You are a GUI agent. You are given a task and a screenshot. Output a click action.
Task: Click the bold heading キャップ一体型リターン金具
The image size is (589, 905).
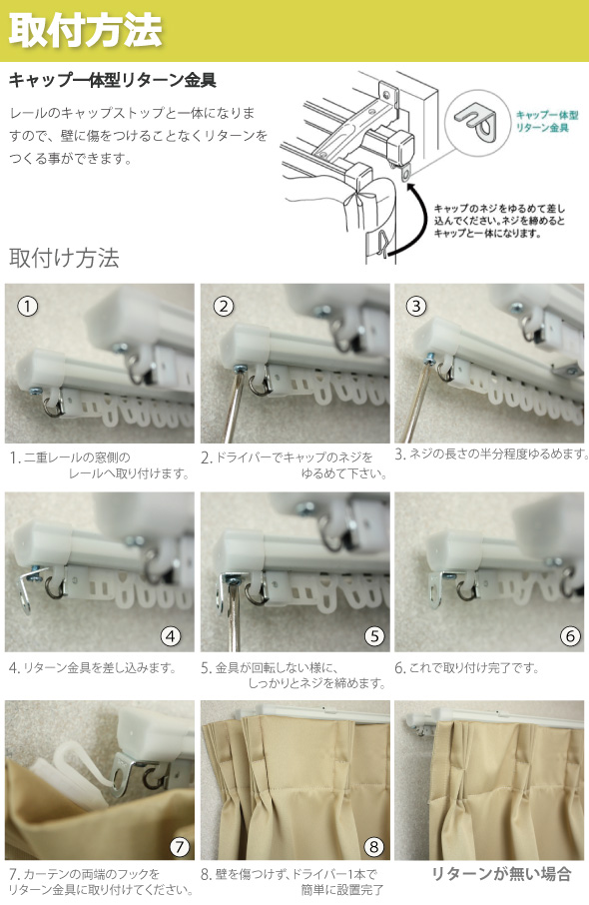tap(112, 79)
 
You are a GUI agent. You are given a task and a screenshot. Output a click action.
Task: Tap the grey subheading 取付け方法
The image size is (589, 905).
tap(64, 258)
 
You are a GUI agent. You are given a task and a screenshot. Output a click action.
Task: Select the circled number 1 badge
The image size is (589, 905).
tap(30, 308)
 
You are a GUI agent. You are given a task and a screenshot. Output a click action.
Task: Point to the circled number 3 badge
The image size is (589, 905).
tap(417, 307)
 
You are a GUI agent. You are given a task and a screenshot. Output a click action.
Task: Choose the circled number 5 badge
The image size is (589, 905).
tap(373, 635)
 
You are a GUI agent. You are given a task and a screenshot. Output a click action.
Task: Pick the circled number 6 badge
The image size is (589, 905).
tap(570, 635)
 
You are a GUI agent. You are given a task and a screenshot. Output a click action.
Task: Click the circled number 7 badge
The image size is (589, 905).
tap(179, 846)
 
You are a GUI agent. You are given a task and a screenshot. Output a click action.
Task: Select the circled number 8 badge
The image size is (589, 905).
tap(373, 846)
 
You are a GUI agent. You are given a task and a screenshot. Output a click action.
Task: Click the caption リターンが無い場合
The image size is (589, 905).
tap(500, 874)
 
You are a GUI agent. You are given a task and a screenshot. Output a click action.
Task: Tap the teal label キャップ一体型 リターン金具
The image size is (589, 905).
tap(543, 122)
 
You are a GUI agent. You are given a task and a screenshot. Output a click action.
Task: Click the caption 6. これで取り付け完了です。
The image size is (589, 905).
tap(466, 667)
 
